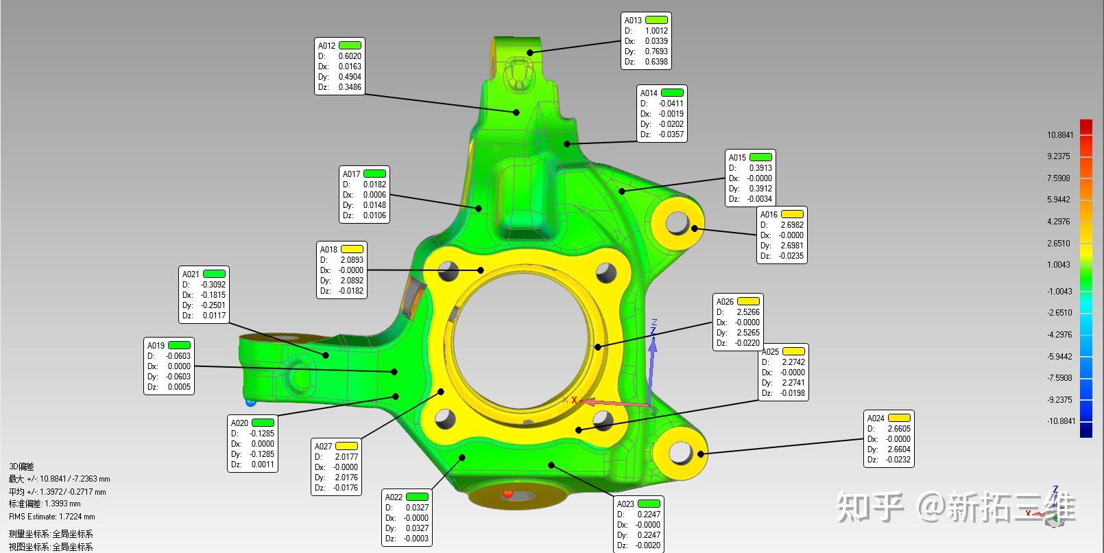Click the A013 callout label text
[x=633, y=20]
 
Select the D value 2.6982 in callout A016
[x=791, y=225]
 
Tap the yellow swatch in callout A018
[x=352, y=249]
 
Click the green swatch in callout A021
[x=214, y=274]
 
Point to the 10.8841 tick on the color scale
[x=1059, y=135]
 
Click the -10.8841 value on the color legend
[x=1061, y=421]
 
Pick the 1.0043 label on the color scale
[x=1059, y=265]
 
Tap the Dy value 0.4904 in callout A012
[x=350, y=77]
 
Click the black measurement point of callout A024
[x=701, y=454]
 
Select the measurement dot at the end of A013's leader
[x=530, y=52]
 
